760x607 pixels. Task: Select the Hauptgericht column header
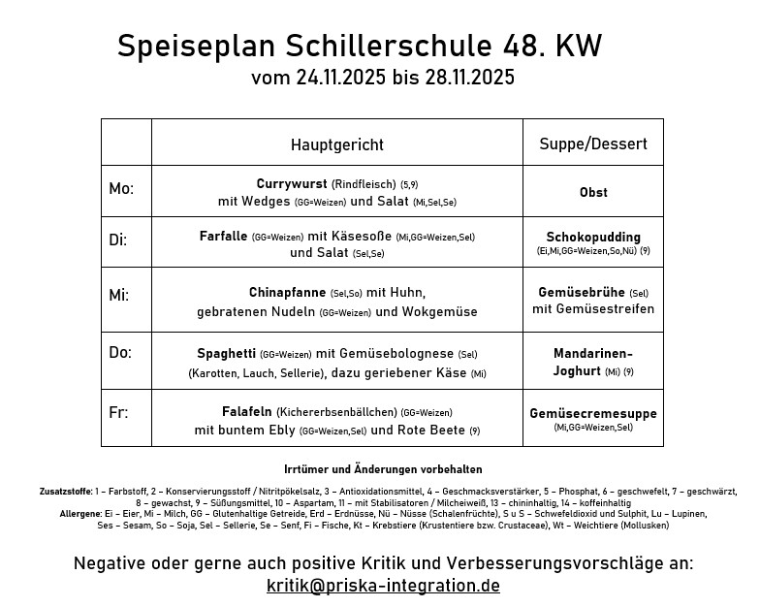coord(337,144)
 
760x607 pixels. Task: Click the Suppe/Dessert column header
coord(593,144)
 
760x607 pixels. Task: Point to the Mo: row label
coord(122,188)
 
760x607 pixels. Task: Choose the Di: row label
coord(118,239)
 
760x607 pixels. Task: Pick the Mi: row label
coord(119,295)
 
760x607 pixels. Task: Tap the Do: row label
coord(120,353)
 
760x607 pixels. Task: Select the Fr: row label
coord(118,411)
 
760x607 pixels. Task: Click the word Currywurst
coord(292,183)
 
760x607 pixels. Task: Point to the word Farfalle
coord(223,236)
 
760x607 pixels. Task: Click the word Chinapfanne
coord(287,292)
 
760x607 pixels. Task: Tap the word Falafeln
coord(247,412)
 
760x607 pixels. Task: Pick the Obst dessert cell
coord(593,192)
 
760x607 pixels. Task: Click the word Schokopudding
coord(593,237)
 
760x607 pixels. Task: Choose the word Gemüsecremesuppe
coord(593,413)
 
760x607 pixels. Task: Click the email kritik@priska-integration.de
coord(383,586)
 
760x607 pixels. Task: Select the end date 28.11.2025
coord(469,78)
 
